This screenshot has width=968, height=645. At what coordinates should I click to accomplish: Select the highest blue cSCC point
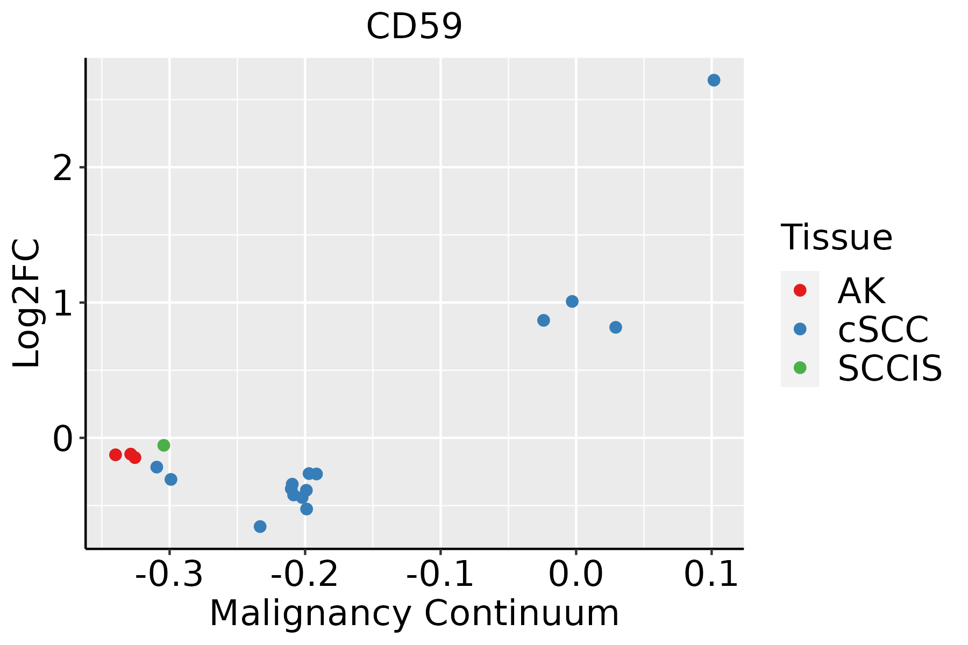tap(714, 80)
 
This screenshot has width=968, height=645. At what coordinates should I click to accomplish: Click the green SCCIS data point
tap(164, 445)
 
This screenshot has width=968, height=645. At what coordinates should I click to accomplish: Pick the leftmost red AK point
tap(116, 455)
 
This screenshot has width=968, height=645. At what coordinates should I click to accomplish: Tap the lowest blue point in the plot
tap(260, 526)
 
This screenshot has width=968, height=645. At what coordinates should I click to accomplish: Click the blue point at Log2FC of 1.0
tap(572, 302)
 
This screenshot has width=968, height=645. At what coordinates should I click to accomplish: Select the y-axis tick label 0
tap(63, 439)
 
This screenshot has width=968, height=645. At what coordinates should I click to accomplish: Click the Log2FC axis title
tap(27, 303)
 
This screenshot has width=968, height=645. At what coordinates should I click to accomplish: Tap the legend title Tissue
tap(836, 238)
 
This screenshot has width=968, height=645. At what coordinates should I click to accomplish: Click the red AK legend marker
tap(800, 290)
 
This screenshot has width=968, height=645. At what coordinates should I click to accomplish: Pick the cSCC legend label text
tap(883, 329)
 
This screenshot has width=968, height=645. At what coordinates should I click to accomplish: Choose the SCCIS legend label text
tap(890, 368)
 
